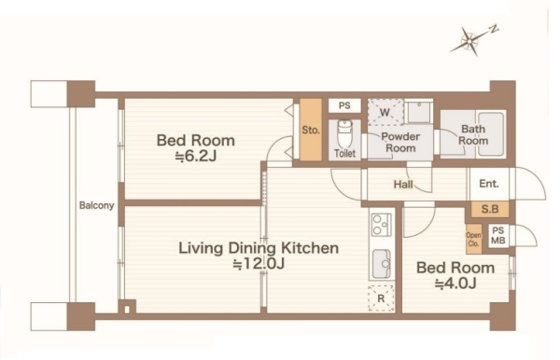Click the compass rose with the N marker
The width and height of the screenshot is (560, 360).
(x=469, y=42)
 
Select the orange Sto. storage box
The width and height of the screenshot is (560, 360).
(x=311, y=130)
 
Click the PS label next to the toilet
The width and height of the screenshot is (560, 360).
(x=344, y=106)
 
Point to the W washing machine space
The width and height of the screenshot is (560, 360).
(x=385, y=113)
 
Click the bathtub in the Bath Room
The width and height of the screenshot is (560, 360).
(x=491, y=133)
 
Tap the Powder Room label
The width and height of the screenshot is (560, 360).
(x=400, y=142)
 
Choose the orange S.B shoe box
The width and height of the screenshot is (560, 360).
(x=490, y=209)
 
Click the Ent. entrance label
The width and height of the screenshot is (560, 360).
(x=489, y=184)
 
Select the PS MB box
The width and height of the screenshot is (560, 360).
(x=497, y=236)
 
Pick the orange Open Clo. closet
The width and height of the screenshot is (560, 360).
(x=473, y=239)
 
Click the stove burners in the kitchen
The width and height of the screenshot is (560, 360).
(x=381, y=225)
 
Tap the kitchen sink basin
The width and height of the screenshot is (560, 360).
(x=382, y=263)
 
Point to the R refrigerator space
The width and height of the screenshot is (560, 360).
(x=381, y=298)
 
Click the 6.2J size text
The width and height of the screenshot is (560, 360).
(x=196, y=156)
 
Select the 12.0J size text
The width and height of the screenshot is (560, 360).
(x=259, y=264)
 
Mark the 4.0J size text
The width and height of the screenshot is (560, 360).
(x=455, y=284)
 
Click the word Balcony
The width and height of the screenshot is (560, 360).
(x=96, y=205)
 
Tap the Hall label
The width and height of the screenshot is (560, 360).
(x=403, y=184)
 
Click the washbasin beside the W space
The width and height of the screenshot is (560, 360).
(x=418, y=112)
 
